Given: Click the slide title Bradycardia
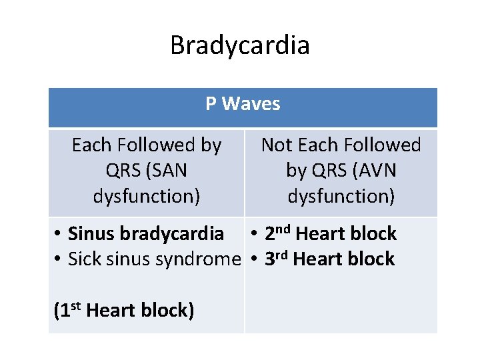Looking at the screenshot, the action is click(x=240, y=46).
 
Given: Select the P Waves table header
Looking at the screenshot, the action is click(x=243, y=104).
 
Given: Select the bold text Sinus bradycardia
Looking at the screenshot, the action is click(x=146, y=234).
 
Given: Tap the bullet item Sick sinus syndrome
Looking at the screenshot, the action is click(x=153, y=259).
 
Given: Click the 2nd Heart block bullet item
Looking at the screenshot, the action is click(x=330, y=234).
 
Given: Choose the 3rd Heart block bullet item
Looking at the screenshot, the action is click(x=329, y=259).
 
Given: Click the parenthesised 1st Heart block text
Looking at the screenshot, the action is click(x=123, y=311).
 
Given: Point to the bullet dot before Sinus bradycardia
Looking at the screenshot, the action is click(x=59, y=234).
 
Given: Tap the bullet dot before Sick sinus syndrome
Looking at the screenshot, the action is click(x=59, y=259).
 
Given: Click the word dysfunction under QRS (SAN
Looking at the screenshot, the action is click(x=147, y=197).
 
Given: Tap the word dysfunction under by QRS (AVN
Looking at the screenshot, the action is click(x=341, y=197).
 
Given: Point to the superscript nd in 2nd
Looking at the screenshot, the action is click(x=283, y=229).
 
